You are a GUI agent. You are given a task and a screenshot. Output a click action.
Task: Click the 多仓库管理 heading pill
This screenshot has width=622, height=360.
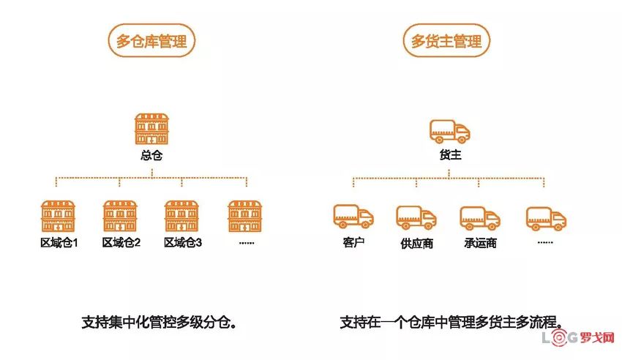pos(151,40)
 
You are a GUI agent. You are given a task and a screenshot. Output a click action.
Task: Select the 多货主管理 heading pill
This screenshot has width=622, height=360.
pos(446,40)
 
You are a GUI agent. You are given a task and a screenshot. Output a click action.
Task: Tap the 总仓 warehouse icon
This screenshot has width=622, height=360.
pos(151,129)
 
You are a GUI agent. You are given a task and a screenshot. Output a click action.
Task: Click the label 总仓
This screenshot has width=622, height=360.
pos(151,155)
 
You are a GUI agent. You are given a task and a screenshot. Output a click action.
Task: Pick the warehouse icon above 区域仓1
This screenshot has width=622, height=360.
pos(59,216)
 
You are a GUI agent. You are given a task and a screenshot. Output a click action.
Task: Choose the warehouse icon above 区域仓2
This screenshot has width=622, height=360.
pos(121,216)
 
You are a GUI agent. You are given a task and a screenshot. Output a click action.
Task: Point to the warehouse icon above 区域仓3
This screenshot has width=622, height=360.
pos(183,216)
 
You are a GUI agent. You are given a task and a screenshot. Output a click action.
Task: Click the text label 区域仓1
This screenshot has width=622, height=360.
pos(59,242)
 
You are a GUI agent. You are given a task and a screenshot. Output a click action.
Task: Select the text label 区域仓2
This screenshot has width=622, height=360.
pos(121,242)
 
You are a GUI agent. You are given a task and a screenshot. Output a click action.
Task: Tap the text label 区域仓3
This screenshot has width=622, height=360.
pos(183,242)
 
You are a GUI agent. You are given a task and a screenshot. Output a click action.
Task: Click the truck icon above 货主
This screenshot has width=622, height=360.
pos(449,132)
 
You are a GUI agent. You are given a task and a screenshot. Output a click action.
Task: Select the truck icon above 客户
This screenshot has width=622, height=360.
pos(353,216)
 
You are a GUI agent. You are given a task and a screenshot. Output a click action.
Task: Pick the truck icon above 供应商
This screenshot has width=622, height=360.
pos(416,217)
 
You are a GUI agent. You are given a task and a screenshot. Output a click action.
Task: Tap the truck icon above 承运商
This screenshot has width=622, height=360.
pos(480,217)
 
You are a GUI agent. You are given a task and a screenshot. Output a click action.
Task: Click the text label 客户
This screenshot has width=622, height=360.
pos(353,241)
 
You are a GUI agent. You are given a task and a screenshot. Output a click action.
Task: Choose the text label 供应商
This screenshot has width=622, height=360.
pos(416,243)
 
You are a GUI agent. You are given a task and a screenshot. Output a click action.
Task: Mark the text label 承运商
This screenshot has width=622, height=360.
pos(480,243)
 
